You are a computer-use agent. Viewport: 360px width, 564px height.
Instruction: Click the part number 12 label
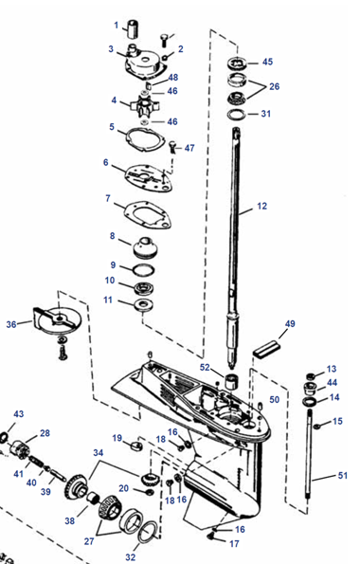[261, 206]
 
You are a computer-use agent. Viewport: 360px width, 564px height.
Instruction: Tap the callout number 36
[11, 324]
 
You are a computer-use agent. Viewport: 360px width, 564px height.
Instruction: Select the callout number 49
[290, 324]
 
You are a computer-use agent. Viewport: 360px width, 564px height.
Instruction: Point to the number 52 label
[205, 367]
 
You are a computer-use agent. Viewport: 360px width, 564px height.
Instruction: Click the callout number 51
[343, 476]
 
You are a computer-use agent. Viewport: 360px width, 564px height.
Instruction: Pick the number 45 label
[267, 62]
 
